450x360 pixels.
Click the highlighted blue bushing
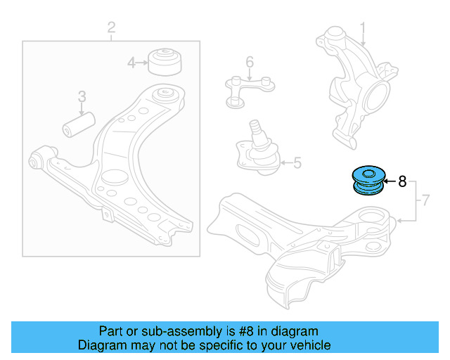coord(368,180)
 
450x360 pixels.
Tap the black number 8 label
coord(402,181)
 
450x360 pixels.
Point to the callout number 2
coord(111,27)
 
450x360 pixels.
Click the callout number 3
coord(82,96)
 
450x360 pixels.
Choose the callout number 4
coord(131,63)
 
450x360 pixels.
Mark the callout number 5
coord(297,163)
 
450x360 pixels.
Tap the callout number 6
coord(250,62)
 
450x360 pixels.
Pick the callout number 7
coord(425,200)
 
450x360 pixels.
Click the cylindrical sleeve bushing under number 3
coord(79,124)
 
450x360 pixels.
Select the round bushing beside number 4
coord(165,62)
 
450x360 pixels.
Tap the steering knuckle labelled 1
coord(356,86)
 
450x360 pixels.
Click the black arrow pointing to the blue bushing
coord(390,181)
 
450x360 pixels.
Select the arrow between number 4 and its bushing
coord(142,63)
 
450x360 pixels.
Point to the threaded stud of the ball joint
coord(255,127)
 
